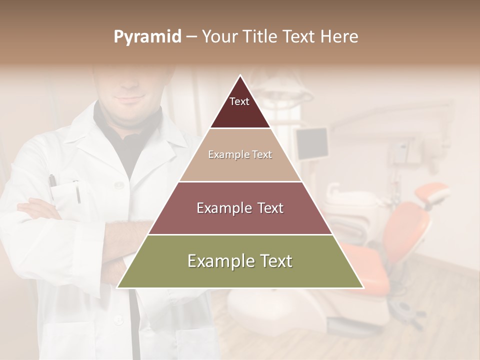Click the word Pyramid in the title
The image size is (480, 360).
pyautogui.click(x=147, y=37)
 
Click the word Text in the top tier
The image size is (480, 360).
pyautogui.click(x=239, y=101)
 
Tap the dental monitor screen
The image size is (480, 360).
pyautogui.click(x=312, y=142)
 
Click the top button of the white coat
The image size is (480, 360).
pyautogui.click(x=119, y=185)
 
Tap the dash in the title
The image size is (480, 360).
pyautogui.click(x=191, y=37)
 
